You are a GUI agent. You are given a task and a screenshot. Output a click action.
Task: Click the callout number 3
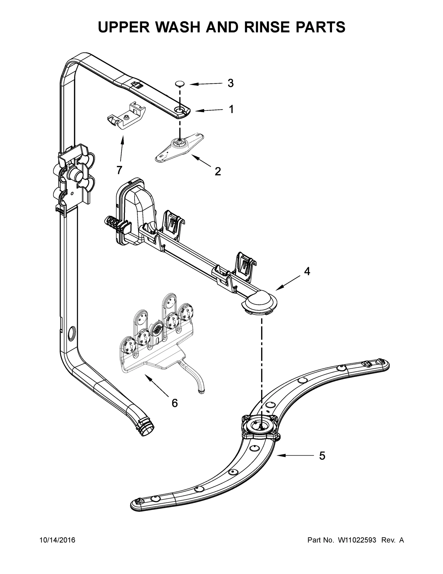pos(230,83)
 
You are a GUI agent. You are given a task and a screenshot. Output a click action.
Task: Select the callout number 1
pos(231,109)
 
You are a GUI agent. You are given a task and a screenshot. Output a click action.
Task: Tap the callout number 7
pos(119,170)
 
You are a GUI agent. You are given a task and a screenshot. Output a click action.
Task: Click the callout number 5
pos(322,456)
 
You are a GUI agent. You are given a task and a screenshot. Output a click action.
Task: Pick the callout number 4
pos(307,271)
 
